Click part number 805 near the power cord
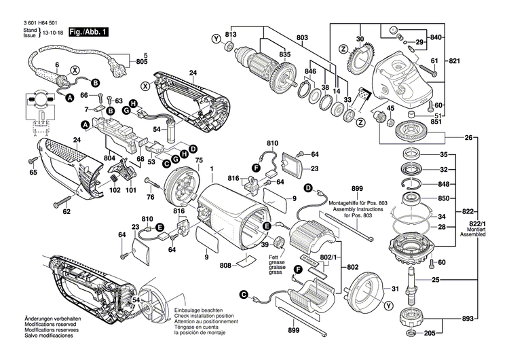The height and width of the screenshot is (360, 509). tap(141, 62)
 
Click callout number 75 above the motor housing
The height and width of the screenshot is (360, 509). tap(199, 160)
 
